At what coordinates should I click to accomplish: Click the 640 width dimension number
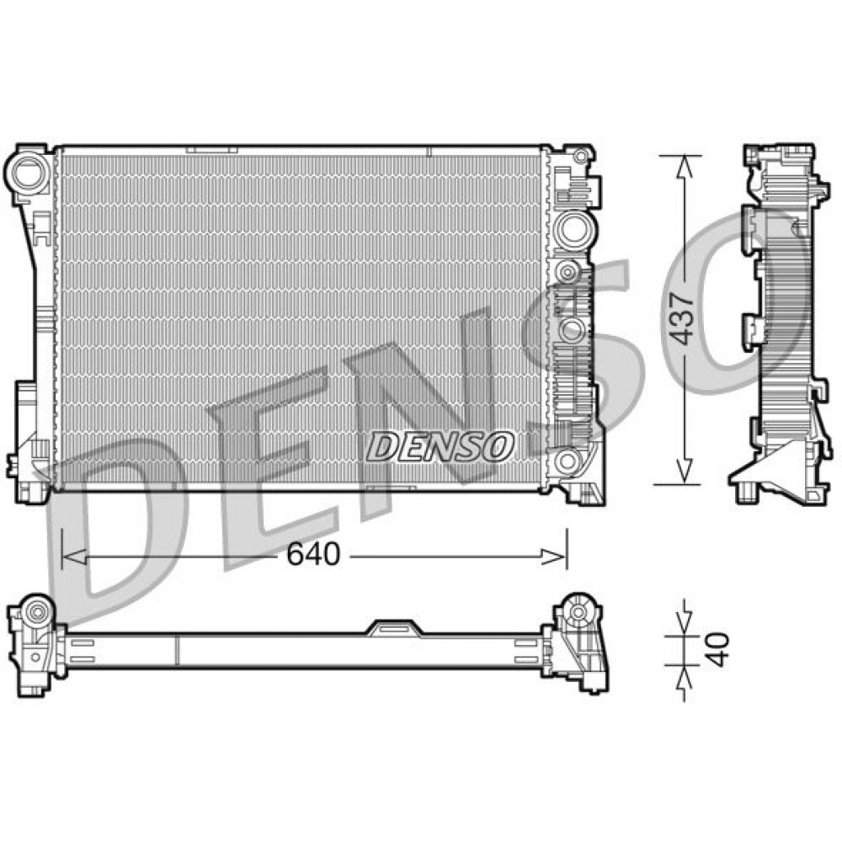(x=312, y=554)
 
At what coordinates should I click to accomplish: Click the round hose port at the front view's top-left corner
(x=29, y=170)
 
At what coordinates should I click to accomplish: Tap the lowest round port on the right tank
(x=568, y=461)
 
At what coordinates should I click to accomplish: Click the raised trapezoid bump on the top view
(x=392, y=627)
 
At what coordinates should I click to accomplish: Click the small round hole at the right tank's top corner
(x=580, y=157)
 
